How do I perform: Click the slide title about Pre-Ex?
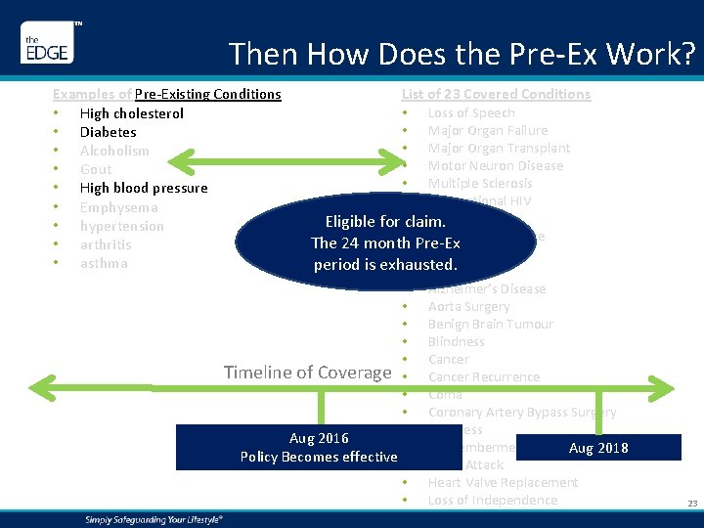tap(462, 53)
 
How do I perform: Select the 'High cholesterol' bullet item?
tap(131, 113)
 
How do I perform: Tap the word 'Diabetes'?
tap(108, 132)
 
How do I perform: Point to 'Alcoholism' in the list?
tap(114, 151)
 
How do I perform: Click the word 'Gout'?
tap(96, 169)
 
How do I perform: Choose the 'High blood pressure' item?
tap(144, 188)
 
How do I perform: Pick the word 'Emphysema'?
tap(118, 207)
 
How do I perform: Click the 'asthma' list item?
tap(104, 263)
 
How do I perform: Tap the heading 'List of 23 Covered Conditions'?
tap(496, 94)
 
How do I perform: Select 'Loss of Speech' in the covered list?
tap(471, 112)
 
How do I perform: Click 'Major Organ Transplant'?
tap(499, 148)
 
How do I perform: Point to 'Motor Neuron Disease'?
tap(495, 165)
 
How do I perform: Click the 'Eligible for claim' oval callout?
tap(384, 243)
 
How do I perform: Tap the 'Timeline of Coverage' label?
tap(307, 372)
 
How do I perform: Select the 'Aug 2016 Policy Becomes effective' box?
tap(319, 447)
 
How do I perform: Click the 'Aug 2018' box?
tap(597, 448)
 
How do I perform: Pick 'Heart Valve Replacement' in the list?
tap(503, 482)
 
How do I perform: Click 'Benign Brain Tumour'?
tap(490, 324)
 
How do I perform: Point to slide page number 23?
tap(692, 504)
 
